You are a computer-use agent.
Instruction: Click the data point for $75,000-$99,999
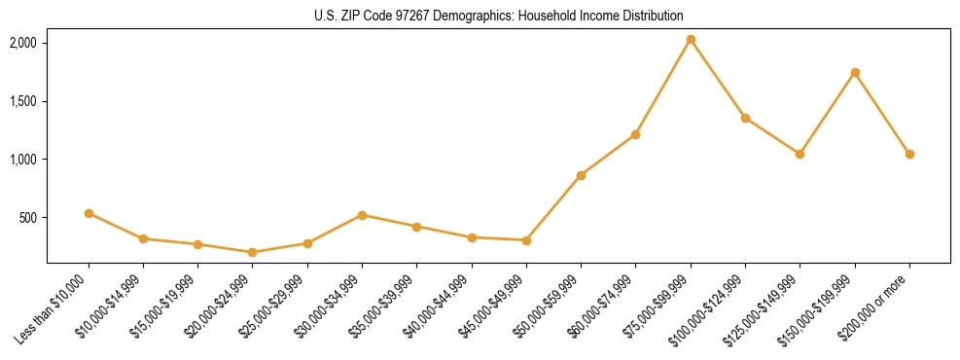tap(691, 40)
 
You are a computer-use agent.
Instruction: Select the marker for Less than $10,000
tap(89, 213)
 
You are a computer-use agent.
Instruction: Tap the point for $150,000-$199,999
tap(855, 72)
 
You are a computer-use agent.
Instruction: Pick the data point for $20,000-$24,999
tap(253, 252)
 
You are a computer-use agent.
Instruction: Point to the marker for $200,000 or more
tap(909, 154)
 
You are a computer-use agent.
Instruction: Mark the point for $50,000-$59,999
tap(581, 175)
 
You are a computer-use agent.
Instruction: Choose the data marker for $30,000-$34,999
tap(362, 215)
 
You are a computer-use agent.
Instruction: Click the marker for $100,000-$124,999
tap(745, 118)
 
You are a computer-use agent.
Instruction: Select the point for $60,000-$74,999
tap(635, 134)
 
